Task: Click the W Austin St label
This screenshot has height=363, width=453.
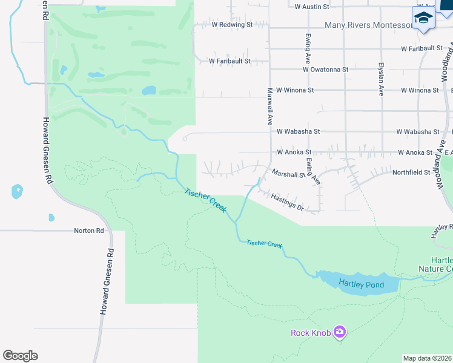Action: (311, 7)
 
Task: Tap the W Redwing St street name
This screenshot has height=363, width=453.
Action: (232, 25)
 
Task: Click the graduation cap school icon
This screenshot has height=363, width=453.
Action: (423, 18)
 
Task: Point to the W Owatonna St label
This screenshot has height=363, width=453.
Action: (326, 70)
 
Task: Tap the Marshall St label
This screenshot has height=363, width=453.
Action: (288, 174)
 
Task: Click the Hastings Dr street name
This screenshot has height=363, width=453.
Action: (287, 202)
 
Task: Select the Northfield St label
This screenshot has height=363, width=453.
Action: (411, 172)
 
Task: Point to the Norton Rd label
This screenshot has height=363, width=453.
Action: (89, 231)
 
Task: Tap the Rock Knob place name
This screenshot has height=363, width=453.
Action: (311, 333)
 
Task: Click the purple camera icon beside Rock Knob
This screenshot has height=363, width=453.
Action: (340, 332)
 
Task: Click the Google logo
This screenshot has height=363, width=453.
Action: (20, 356)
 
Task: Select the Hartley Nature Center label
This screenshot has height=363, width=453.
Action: (435, 264)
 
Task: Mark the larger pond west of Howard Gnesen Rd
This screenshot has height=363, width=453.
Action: (17, 192)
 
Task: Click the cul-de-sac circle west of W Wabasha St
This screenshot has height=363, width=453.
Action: (184, 138)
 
